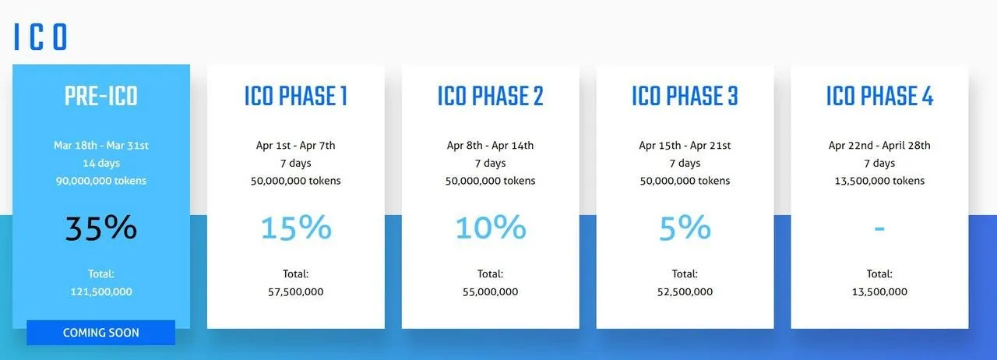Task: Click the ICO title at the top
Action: click(x=41, y=37)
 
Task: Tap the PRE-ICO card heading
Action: click(x=101, y=96)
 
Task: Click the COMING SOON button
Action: click(x=101, y=333)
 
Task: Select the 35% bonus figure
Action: click(x=101, y=228)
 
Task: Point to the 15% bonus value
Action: click(x=296, y=228)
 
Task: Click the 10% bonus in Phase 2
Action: click(x=491, y=228)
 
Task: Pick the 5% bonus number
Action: click(x=685, y=228)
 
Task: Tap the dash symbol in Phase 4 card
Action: click(x=879, y=229)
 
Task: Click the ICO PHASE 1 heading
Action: click(x=296, y=96)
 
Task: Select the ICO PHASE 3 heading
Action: click(x=685, y=96)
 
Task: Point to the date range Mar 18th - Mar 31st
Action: click(x=101, y=145)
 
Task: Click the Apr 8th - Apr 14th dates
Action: click(x=491, y=145)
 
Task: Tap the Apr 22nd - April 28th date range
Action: click(x=879, y=145)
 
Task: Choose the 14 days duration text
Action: click(x=101, y=163)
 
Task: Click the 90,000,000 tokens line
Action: click(x=101, y=181)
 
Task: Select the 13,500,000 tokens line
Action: click(x=879, y=181)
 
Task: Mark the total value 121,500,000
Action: click(x=101, y=292)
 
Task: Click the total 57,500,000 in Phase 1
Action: click(x=296, y=292)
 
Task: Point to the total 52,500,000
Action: click(x=685, y=292)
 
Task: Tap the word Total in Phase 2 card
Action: click(x=491, y=274)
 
